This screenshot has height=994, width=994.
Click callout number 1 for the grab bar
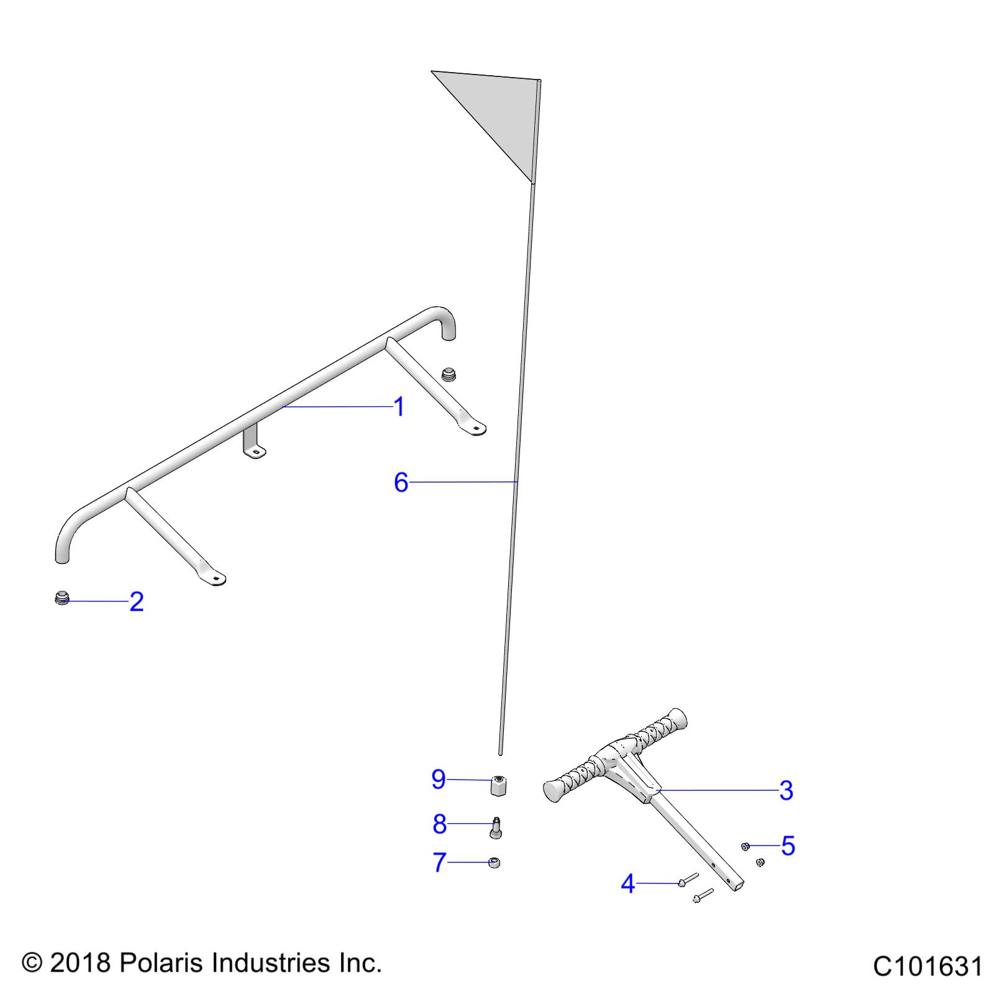pos(399,407)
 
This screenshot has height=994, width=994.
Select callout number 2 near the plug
pos(137,601)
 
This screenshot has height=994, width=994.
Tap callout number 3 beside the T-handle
pos(786,791)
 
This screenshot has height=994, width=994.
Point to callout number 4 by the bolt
pos(628,883)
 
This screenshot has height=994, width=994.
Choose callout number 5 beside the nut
pos(788,846)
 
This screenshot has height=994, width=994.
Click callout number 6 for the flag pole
pos(401,482)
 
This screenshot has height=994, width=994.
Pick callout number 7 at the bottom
pos(439,862)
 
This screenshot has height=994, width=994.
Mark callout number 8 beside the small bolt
pos(439,824)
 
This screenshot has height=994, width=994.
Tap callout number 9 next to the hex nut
pos(439,780)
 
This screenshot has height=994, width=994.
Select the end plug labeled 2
pos(61,599)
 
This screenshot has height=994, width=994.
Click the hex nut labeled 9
pos(498,785)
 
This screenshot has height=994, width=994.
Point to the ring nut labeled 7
pos(495,862)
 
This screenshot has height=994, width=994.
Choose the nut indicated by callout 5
pos(745,846)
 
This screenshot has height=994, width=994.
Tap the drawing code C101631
pos(928,967)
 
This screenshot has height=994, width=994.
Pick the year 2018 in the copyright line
pos(79,963)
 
